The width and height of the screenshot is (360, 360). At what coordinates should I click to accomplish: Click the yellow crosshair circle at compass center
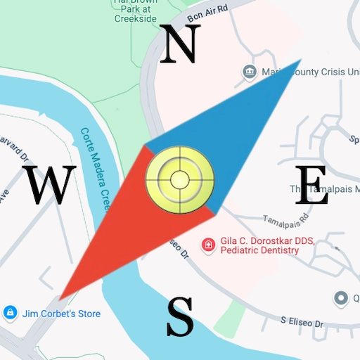click(x=179, y=179)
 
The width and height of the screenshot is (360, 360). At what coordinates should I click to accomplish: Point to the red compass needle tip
click(x=60, y=300)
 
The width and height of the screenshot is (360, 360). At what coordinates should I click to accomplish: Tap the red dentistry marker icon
click(x=208, y=244)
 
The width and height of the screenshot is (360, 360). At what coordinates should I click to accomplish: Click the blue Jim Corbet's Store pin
click(x=10, y=312)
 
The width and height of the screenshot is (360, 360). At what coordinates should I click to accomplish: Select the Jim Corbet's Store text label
click(x=62, y=314)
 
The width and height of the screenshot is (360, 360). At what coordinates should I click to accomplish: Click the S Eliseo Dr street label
click(x=302, y=323)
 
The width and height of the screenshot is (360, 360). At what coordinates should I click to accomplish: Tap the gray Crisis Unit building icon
click(x=248, y=71)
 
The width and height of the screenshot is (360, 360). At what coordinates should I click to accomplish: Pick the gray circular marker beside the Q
click(x=342, y=298)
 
